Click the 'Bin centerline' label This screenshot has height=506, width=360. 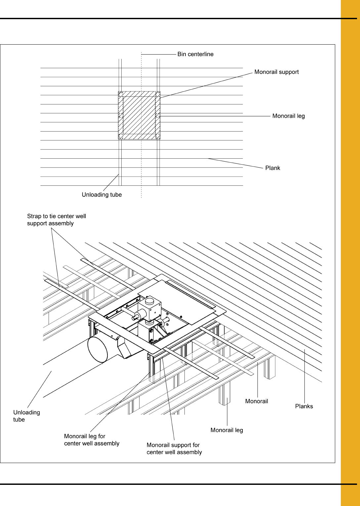click(x=195, y=54)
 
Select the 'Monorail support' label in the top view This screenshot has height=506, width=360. click(x=276, y=72)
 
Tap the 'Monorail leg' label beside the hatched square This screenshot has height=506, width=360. click(x=288, y=116)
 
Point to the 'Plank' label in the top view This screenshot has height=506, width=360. click(x=272, y=168)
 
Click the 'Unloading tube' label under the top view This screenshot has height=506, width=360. click(x=101, y=195)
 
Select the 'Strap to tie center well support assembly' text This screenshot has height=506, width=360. click(x=56, y=220)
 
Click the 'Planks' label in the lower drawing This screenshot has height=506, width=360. click(x=304, y=406)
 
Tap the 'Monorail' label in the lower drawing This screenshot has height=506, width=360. click(x=257, y=401)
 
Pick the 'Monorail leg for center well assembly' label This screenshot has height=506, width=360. click(x=92, y=440)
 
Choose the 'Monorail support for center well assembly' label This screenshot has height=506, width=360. click(x=174, y=448)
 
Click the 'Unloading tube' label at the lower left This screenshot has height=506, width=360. click(x=26, y=416)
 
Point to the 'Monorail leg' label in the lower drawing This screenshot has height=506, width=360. click(x=226, y=430)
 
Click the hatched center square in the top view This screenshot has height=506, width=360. click(x=139, y=115)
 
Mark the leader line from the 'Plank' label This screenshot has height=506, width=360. click(x=235, y=163)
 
